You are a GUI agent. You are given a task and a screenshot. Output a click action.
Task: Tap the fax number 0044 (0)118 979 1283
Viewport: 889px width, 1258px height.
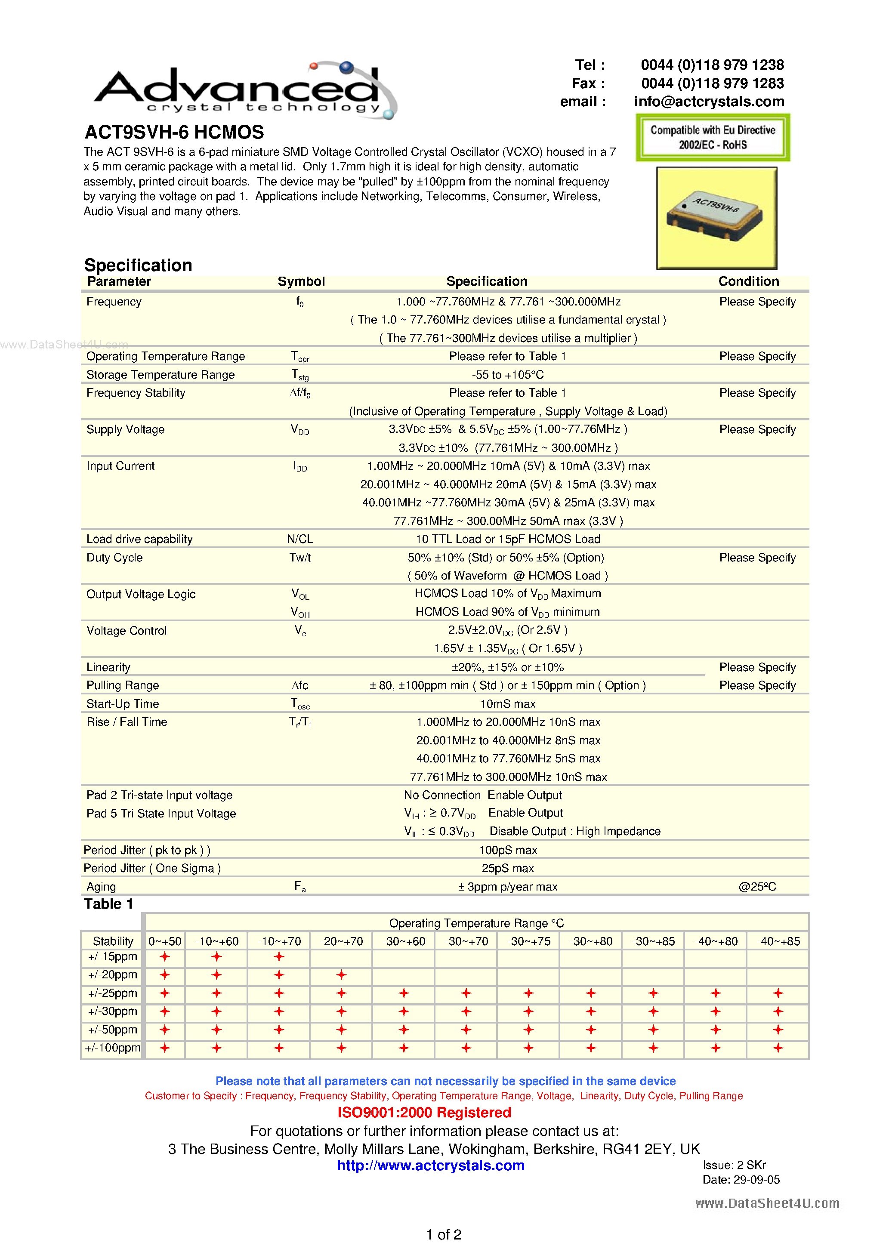pos(712,83)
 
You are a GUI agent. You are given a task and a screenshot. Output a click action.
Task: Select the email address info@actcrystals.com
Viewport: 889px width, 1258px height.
pos(709,102)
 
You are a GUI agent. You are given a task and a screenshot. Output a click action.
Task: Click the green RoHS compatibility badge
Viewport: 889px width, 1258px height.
pos(712,138)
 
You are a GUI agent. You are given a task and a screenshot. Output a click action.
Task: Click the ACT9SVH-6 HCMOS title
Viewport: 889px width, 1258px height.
pos(174,132)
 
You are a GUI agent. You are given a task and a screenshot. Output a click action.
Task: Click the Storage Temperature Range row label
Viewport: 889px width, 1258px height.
pos(160,375)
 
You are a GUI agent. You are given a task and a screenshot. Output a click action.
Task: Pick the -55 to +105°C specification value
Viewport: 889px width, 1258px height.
pos(507,375)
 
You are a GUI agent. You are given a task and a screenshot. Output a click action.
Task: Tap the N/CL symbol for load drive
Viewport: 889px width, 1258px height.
pos(300,539)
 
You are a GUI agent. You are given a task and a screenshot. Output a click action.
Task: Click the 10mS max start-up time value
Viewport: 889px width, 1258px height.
pos(507,703)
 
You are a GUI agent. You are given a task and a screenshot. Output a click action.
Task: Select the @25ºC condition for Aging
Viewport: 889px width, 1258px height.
pos(757,887)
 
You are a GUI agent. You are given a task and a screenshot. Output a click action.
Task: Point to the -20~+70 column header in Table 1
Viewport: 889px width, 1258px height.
pos(342,941)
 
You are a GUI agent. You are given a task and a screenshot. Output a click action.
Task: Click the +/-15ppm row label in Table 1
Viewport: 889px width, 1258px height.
pos(112,957)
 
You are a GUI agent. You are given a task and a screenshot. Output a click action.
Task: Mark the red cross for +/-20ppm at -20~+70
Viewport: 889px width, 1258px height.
pos(342,975)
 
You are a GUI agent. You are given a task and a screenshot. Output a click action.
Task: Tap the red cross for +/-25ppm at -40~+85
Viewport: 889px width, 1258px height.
pos(778,993)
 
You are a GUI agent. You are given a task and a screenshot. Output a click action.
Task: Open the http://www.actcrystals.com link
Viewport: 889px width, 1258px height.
pos(430,1165)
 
